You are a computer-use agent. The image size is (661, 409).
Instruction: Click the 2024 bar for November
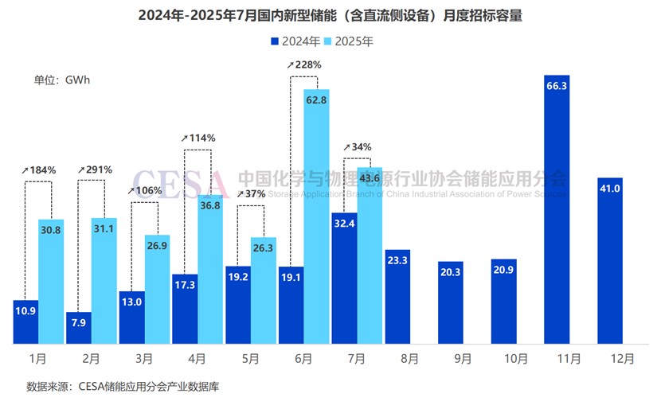coord(557,207)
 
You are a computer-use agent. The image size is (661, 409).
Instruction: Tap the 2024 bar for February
coord(78,328)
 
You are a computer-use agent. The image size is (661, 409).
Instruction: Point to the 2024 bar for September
coord(450,302)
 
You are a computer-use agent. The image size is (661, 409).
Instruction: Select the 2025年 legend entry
coord(350,40)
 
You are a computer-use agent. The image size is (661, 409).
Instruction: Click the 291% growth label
coord(96,169)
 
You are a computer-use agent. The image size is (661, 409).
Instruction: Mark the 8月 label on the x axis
coord(409,359)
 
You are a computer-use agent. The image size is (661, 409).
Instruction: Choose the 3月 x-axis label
coord(143,359)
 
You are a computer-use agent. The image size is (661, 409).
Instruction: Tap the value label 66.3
coord(557,88)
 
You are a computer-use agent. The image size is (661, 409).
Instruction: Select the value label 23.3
coord(397,259)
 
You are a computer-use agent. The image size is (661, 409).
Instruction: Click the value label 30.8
coord(51,230)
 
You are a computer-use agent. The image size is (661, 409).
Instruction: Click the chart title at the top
coord(330,16)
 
